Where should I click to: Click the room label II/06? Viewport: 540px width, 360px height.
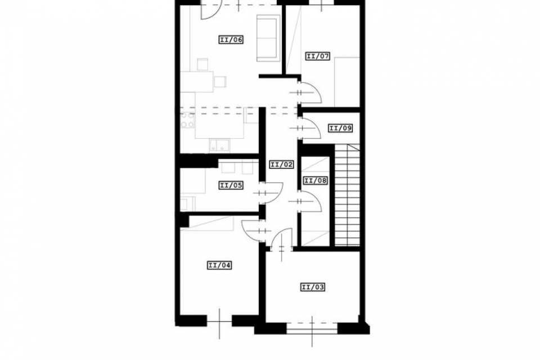pos(231,39)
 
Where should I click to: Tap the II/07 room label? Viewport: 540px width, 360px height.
pos(318,56)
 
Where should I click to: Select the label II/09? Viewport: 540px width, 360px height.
pos(341,128)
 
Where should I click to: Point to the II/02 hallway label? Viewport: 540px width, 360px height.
pos(282,165)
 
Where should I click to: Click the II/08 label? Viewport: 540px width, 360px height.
pos(315,181)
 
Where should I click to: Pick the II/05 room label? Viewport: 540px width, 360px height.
pos(231,185)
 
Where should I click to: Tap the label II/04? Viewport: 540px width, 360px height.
pos(219,265)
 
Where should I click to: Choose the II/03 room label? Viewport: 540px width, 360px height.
pos(313,287)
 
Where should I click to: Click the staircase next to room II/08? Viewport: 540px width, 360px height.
pos(347,195)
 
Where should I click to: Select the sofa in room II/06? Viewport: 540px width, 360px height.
pos(267,38)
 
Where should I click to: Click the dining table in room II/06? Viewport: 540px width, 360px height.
pos(197,82)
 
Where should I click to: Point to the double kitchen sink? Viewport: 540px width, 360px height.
pos(220,145)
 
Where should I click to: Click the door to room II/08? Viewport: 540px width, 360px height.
pos(310,201)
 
